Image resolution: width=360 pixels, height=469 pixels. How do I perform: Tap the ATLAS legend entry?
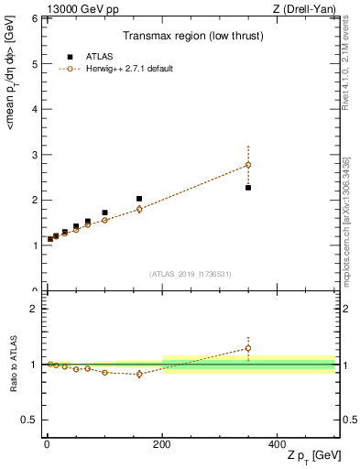(x=92, y=56)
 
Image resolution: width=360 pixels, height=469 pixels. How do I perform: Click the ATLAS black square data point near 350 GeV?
(x=248, y=187)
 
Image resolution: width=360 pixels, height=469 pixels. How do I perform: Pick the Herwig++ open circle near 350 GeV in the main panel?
(x=248, y=165)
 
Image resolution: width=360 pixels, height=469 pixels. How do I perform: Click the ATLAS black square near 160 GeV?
(x=139, y=199)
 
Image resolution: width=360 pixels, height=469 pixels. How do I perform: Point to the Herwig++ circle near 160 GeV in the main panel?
(x=139, y=209)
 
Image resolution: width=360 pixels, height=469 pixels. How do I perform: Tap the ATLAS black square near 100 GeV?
(x=104, y=213)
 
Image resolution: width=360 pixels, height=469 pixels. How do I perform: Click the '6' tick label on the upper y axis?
(x=35, y=19)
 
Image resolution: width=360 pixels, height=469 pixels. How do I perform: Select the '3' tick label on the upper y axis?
(x=35, y=155)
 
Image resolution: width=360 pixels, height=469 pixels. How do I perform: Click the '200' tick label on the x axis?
(x=162, y=442)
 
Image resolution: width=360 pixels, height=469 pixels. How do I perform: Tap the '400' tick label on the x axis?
(x=278, y=442)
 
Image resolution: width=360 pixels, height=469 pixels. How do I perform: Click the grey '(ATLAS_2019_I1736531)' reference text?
(x=190, y=273)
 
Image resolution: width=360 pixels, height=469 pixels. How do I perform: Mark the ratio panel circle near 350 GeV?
(x=248, y=348)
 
